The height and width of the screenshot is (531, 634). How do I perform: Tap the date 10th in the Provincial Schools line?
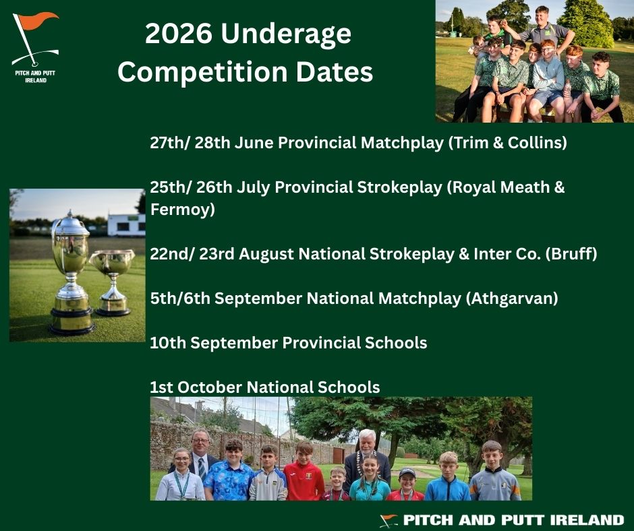point(168,342)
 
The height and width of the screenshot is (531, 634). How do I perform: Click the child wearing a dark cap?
point(406,484)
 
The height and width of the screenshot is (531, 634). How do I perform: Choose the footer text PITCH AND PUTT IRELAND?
point(513,520)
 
